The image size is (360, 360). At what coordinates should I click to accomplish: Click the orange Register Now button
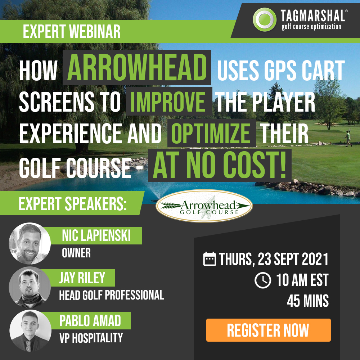[269, 330]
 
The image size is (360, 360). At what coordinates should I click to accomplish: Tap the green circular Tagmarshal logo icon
[265, 19]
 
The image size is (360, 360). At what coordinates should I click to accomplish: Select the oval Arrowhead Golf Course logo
[204, 206]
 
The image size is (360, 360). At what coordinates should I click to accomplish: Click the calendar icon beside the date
[210, 259]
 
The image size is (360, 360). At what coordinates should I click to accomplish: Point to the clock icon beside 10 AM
[263, 280]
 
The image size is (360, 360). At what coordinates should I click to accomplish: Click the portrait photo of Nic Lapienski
[30, 243]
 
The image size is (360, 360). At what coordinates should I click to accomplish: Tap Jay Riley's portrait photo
[30, 287]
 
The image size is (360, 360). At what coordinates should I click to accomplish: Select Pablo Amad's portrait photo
[30, 330]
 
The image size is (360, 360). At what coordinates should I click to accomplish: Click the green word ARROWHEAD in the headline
[137, 68]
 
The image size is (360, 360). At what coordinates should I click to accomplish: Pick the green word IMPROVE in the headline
[168, 102]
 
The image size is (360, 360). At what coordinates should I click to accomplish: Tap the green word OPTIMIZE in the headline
[211, 133]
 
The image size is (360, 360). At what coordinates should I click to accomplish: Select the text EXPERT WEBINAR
[72, 31]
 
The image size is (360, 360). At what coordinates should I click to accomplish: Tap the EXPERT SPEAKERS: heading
[73, 204]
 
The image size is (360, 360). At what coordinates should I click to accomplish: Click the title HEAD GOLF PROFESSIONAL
[112, 295]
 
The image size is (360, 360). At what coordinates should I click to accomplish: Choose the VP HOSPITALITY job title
[91, 338]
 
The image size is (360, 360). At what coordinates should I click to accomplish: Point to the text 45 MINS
[308, 301]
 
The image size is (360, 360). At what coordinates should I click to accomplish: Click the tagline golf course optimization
[311, 26]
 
